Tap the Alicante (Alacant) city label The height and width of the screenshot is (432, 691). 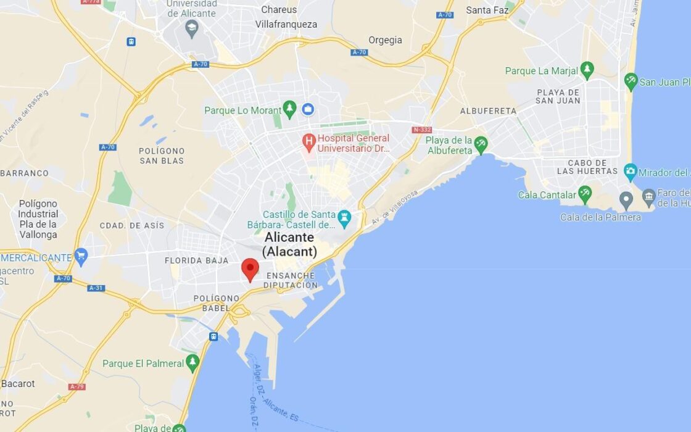pos(289,244)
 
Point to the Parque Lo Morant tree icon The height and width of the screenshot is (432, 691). pos(290,110)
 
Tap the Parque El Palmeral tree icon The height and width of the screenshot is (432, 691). pos(193,363)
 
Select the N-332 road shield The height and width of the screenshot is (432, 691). pos(422,130)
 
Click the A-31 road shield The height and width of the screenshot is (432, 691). pos(96,288)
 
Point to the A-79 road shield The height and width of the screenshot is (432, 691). pos(77,386)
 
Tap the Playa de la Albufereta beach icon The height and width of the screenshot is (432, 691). pos(481,146)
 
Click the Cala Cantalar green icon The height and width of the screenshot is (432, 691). pos(584,195)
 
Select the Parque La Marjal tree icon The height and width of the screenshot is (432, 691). pos(587,70)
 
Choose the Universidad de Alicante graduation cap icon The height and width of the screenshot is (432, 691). pos(192,28)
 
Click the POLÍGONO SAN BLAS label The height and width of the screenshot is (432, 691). pos(162,156)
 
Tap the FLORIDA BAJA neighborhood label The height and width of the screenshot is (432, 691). pos(197,260)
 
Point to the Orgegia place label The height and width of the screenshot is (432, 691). pos(385,40)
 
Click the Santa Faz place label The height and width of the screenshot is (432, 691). pos(487,10)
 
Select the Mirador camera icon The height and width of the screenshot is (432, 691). pos(630,172)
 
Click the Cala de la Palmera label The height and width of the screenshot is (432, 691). pos(600,217)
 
